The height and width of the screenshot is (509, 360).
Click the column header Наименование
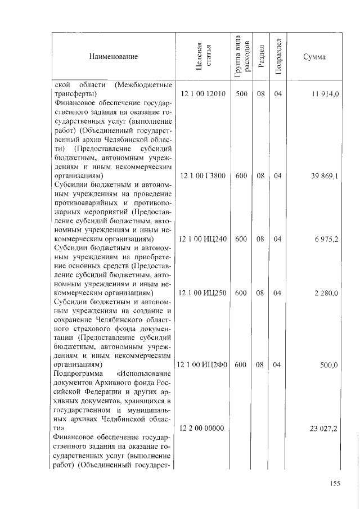(112, 56)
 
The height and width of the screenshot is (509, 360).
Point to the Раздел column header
(260, 56)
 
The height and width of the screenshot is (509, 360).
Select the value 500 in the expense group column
(242, 94)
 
